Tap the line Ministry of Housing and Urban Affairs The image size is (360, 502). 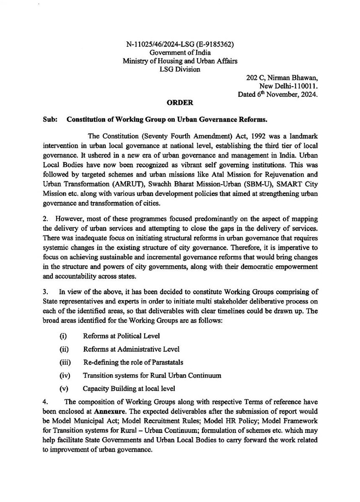tap(180, 61)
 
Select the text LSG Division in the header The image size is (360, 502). tap(180, 69)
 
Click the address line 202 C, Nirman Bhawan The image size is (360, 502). tap(282, 77)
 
